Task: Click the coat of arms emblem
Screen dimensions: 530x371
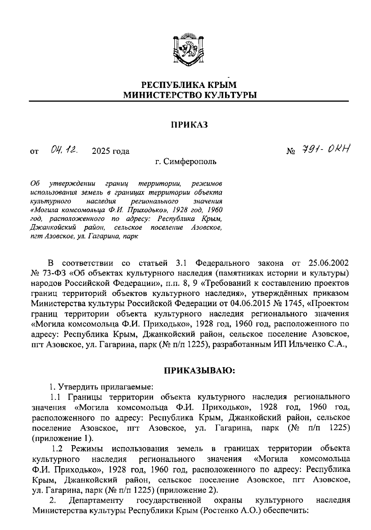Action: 189,49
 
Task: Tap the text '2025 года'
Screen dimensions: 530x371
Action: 110,151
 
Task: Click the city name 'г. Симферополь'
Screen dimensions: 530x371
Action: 185,162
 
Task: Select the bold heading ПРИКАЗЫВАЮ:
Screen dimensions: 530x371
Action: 200,371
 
